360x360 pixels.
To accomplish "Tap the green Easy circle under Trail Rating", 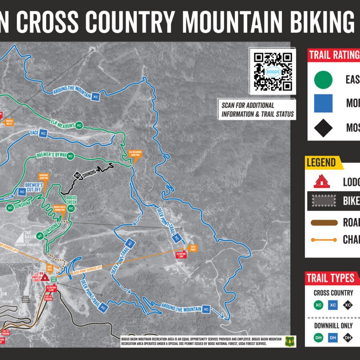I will click(x=323, y=79).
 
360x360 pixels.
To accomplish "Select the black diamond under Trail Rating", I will click(x=323, y=128).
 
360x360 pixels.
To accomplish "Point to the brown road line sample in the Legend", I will click(x=323, y=222).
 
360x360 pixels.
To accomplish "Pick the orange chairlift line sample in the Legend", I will click(x=323, y=240).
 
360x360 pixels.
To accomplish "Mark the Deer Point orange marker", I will click(x=193, y=248).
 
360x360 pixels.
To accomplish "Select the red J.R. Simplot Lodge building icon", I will click(x=44, y=276).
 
